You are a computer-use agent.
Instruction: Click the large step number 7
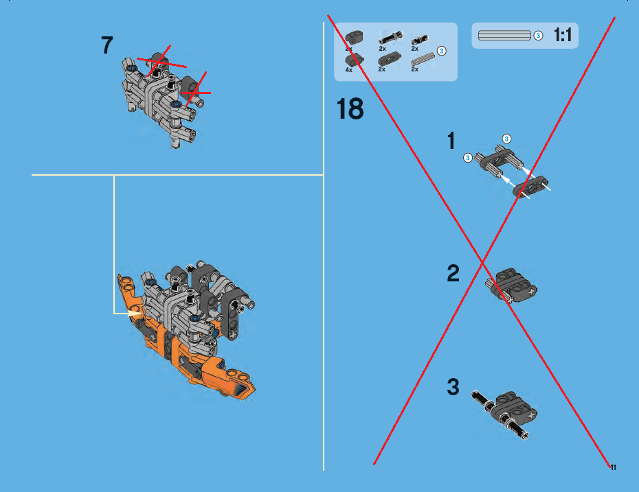click(x=106, y=45)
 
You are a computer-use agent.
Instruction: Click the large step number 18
click(x=350, y=109)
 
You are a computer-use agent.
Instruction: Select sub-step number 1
click(x=451, y=141)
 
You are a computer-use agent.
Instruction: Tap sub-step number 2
click(x=453, y=273)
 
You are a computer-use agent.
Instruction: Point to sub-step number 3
click(x=453, y=386)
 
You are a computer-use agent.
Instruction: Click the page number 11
click(x=613, y=467)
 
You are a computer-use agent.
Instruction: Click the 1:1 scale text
click(x=563, y=35)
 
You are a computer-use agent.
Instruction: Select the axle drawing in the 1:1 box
click(x=504, y=36)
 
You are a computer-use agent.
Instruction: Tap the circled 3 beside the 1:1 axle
click(x=538, y=36)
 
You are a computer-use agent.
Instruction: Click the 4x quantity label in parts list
click(x=349, y=70)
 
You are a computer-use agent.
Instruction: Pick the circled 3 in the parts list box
click(x=441, y=51)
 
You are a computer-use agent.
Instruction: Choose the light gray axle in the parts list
click(x=423, y=60)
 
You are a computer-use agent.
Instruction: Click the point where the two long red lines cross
click(x=482, y=263)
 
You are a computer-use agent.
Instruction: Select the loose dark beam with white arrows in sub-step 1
click(x=530, y=187)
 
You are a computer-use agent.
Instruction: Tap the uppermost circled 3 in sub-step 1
click(x=506, y=139)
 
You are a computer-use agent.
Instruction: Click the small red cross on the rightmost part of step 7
click(x=196, y=91)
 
